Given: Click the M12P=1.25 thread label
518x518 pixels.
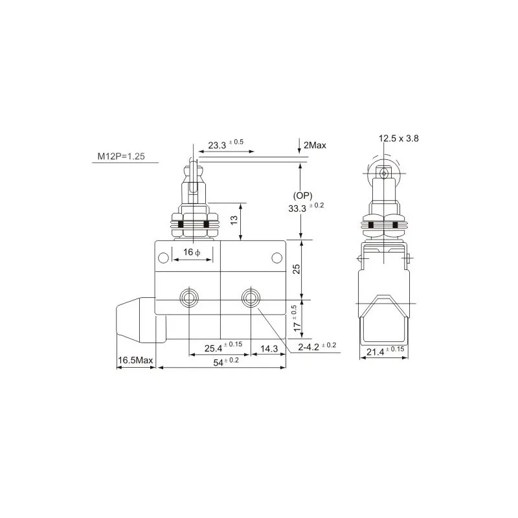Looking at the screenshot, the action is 121,156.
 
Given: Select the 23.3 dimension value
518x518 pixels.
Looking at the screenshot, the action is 217,145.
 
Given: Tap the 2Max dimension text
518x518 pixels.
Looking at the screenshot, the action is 315,145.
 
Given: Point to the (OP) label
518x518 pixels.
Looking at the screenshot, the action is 302,196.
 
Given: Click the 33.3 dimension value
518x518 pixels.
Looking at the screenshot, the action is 297,208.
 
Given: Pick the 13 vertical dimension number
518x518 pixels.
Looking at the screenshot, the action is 234,220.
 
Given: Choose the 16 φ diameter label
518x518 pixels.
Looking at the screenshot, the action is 192,253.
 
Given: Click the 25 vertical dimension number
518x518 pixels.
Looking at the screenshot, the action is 297,269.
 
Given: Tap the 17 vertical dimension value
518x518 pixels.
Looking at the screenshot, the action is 297,326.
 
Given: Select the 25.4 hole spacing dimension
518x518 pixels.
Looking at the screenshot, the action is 214,348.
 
